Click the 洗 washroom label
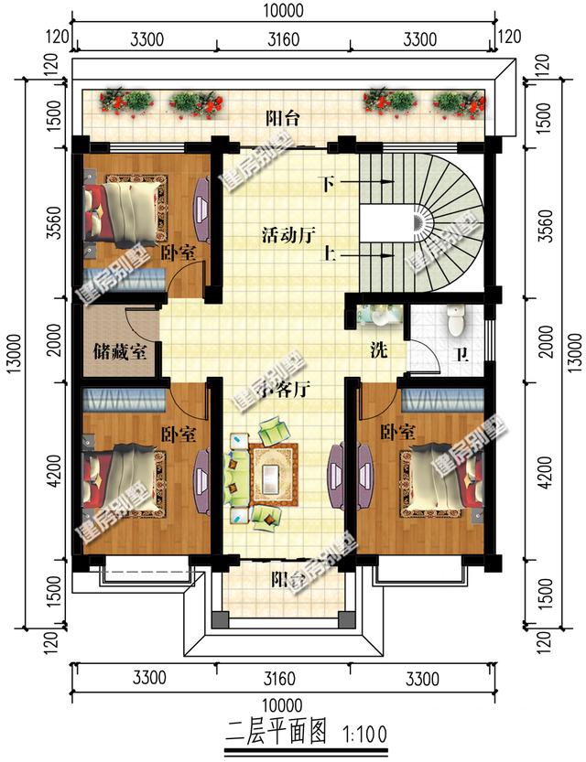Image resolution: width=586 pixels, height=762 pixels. click(x=377, y=349)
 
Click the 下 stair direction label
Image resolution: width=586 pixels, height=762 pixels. click(x=326, y=182)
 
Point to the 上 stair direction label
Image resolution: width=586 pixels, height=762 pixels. click(x=326, y=255)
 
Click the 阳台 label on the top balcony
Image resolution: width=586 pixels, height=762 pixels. click(x=284, y=118)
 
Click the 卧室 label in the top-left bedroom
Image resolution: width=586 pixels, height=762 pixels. click(x=178, y=252)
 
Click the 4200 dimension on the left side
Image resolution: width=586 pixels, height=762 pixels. click(x=52, y=476)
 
